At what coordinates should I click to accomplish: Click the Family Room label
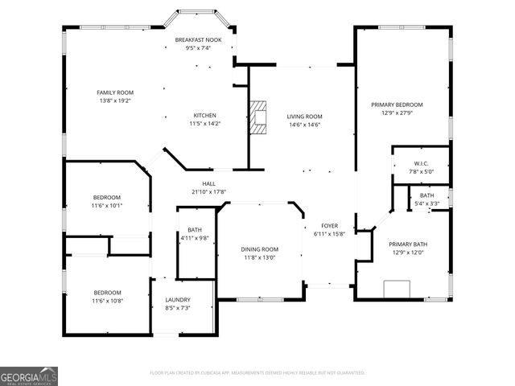[115, 92]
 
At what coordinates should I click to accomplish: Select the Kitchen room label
[204, 116]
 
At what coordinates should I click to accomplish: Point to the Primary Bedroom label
[397, 105]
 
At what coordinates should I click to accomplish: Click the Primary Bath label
[408, 244]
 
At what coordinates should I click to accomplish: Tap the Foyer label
[329, 226]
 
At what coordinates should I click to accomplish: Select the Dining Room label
[260, 249]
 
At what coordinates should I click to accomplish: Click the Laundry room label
[177, 300]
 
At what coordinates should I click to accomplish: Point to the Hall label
[208, 184]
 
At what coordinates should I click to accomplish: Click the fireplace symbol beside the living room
[258, 117]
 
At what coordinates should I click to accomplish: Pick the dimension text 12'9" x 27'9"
[397, 113]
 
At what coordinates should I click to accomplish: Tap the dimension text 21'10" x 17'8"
[208, 192]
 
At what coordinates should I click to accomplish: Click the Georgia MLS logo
[29, 376]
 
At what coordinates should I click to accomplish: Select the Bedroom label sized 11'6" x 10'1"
[106, 198]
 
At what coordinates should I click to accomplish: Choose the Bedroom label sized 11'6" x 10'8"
[106, 293]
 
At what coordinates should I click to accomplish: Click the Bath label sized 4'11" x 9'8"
[195, 230]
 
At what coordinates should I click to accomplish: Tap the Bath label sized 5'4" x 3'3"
[427, 195]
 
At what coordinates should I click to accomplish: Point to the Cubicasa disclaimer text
[257, 373]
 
